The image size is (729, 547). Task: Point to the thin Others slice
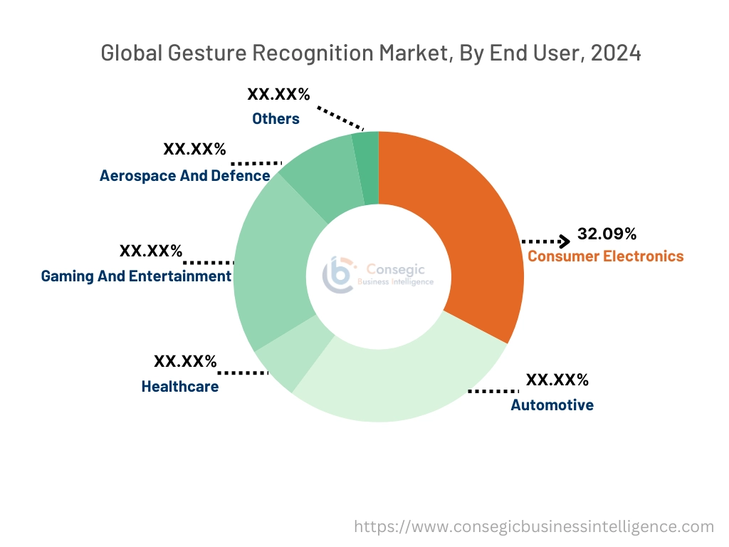(x=367, y=167)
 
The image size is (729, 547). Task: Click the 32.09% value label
(x=607, y=234)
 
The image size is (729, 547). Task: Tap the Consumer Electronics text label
(x=605, y=256)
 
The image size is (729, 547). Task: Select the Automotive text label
(x=552, y=405)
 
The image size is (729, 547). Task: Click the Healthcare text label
(x=180, y=387)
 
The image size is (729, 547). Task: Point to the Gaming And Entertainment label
(x=136, y=276)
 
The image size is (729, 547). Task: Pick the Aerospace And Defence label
(x=184, y=175)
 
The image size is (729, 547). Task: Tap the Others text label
(x=276, y=119)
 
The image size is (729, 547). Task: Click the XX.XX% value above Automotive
(x=557, y=380)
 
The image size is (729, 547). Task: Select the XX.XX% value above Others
(x=278, y=94)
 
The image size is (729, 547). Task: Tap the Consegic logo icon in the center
(x=338, y=274)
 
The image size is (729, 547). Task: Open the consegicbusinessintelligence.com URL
(x=534, y=527)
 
